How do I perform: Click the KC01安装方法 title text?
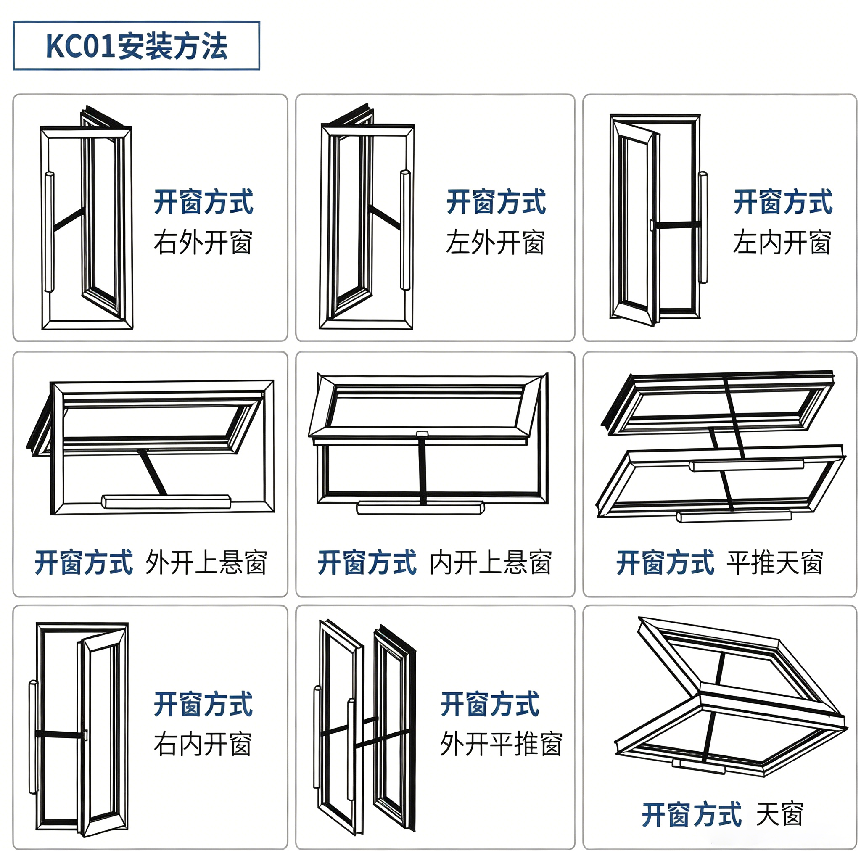point(136,46)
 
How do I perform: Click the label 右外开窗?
point(203,243)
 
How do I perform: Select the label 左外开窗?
point(496,243)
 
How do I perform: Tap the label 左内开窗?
point(782,243)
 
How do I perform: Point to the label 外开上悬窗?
point(206,563)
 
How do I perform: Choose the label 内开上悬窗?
point(491,563)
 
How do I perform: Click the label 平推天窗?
point(775,563)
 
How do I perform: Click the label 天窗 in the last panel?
point(780,814)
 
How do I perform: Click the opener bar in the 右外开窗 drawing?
point(49,232)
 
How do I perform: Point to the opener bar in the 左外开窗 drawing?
point(405,230)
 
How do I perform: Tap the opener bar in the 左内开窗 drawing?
point(703,227)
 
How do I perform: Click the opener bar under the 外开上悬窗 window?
point(166,502)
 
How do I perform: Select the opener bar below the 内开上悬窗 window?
point(420,507)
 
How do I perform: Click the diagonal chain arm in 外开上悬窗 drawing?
point(153,473)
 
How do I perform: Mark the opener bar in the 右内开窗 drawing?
point(34,737)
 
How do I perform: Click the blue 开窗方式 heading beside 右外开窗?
point(203,201)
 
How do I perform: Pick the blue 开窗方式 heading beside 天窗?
point(692,814)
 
